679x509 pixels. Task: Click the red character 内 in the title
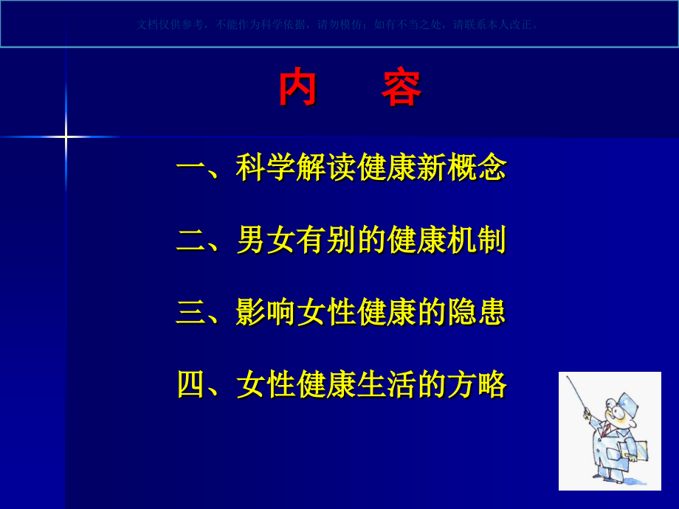297,89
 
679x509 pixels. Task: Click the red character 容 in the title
401,89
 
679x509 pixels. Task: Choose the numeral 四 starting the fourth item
190,384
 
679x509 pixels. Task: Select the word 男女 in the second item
266,240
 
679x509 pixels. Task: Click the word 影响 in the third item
266,312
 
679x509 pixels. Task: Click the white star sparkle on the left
66,136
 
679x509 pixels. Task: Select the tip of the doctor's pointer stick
568,378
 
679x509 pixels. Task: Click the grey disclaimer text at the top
339,24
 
